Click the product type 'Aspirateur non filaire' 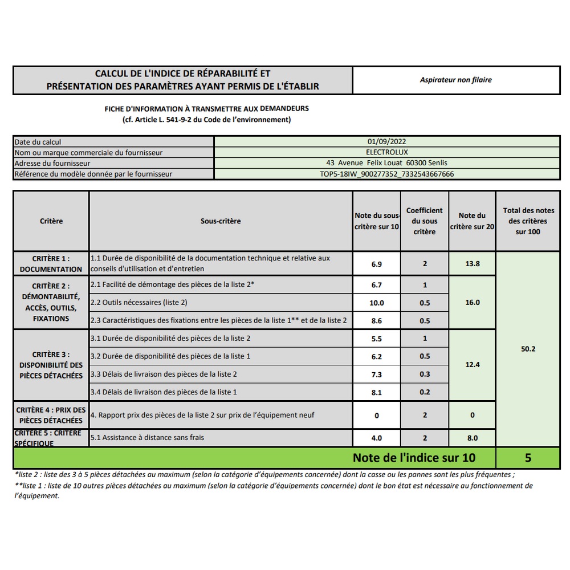[455, 80]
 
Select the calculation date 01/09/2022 [387, 142]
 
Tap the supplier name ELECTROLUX [387, 152]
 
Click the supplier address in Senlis [387, 163]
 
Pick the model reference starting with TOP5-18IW [387, 174]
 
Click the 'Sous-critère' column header [221, 221]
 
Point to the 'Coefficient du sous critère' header [425, 221]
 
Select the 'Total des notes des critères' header [528, 221]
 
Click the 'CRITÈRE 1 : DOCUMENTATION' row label [51, 264]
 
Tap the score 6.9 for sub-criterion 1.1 [376, 264]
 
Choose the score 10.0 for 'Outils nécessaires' [376, 303]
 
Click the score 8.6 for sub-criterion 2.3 [376, 321]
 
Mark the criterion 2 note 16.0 [473, 303]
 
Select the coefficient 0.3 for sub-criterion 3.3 [425, 374]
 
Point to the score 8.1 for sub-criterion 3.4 [376, 392]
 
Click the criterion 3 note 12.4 [473, 364]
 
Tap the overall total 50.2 [528, 349]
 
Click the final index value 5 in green [528, 458]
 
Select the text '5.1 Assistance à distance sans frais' [147, 438]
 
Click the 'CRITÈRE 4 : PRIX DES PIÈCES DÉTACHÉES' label [51, 415]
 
